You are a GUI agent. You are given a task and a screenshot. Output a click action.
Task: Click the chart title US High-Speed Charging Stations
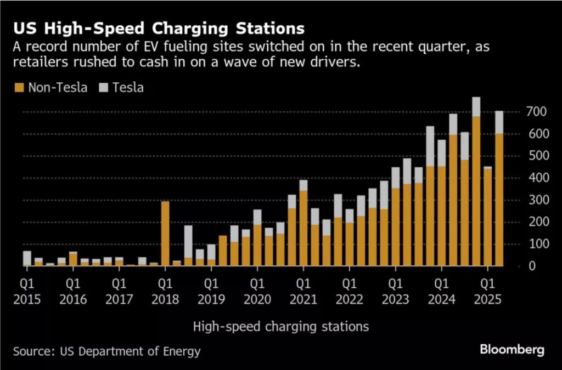[159, 28]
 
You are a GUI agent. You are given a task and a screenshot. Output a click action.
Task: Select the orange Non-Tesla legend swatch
[20, 87]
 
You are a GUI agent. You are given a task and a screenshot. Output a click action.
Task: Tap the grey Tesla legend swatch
[103, 87]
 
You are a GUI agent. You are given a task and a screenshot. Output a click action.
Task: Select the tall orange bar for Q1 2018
[165, 233]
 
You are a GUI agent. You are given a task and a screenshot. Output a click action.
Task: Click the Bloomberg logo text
[512, 349]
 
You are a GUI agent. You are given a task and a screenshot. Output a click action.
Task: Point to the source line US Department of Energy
[107, 351]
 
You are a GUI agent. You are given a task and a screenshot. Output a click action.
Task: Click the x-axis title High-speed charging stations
[280, 327]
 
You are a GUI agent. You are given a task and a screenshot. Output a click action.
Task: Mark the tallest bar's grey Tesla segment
[476, 107]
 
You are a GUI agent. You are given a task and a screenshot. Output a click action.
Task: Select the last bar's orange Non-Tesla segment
[499, 200]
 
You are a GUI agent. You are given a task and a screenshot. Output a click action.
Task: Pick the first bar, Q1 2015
[27, 258]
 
